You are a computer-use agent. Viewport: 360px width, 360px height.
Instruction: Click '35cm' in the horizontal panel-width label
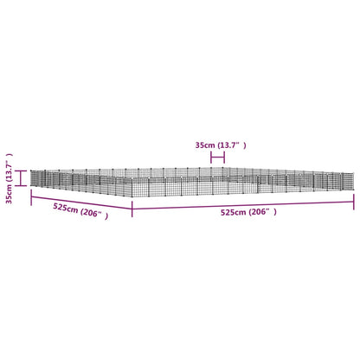pos(205,145)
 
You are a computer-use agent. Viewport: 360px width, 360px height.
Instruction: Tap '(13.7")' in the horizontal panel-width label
pos(232,145)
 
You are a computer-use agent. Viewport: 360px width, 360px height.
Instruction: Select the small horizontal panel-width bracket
pos(217,157)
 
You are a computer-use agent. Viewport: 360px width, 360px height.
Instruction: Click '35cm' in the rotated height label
pos(10,195)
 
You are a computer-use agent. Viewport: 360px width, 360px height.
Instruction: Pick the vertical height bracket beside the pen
pos(21,178)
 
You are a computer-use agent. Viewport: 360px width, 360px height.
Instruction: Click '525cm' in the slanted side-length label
pos(66,208)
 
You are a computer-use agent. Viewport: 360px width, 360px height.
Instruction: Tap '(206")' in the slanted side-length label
pos(94,214)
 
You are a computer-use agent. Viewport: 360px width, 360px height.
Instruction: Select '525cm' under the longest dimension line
pos(234,213)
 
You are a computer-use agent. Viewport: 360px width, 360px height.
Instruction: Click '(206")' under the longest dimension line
pos(262,212)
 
